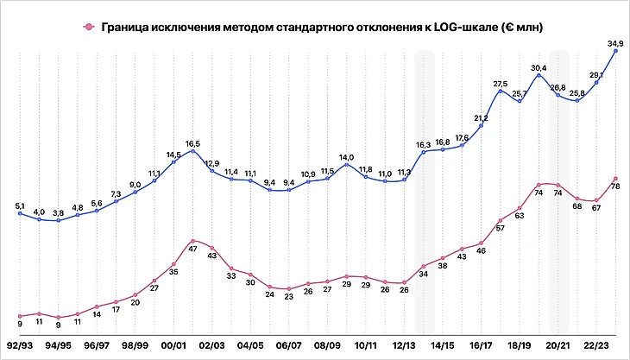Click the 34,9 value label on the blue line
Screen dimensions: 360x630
[x=617, y=42]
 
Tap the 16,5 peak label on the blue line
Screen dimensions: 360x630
[x=193, y=143]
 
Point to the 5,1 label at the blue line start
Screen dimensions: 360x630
[x=19, y=205]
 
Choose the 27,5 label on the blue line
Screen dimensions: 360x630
[x=501, y=83]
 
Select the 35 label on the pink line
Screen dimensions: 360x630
[x=174, y=272]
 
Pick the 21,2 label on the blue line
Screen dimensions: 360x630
[x=482, y=117]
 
